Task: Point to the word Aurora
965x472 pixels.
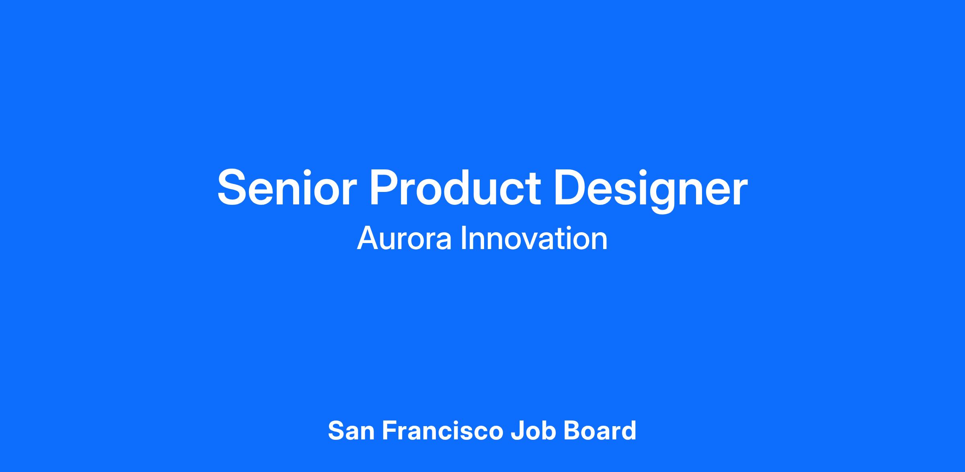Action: (x=404, y=239)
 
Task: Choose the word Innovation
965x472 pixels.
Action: (x=534, y=239)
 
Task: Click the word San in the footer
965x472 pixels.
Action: (x=351, y=431)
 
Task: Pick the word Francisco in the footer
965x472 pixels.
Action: (x=443, y=431)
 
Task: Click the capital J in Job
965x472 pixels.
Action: (x=517, y=431)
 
